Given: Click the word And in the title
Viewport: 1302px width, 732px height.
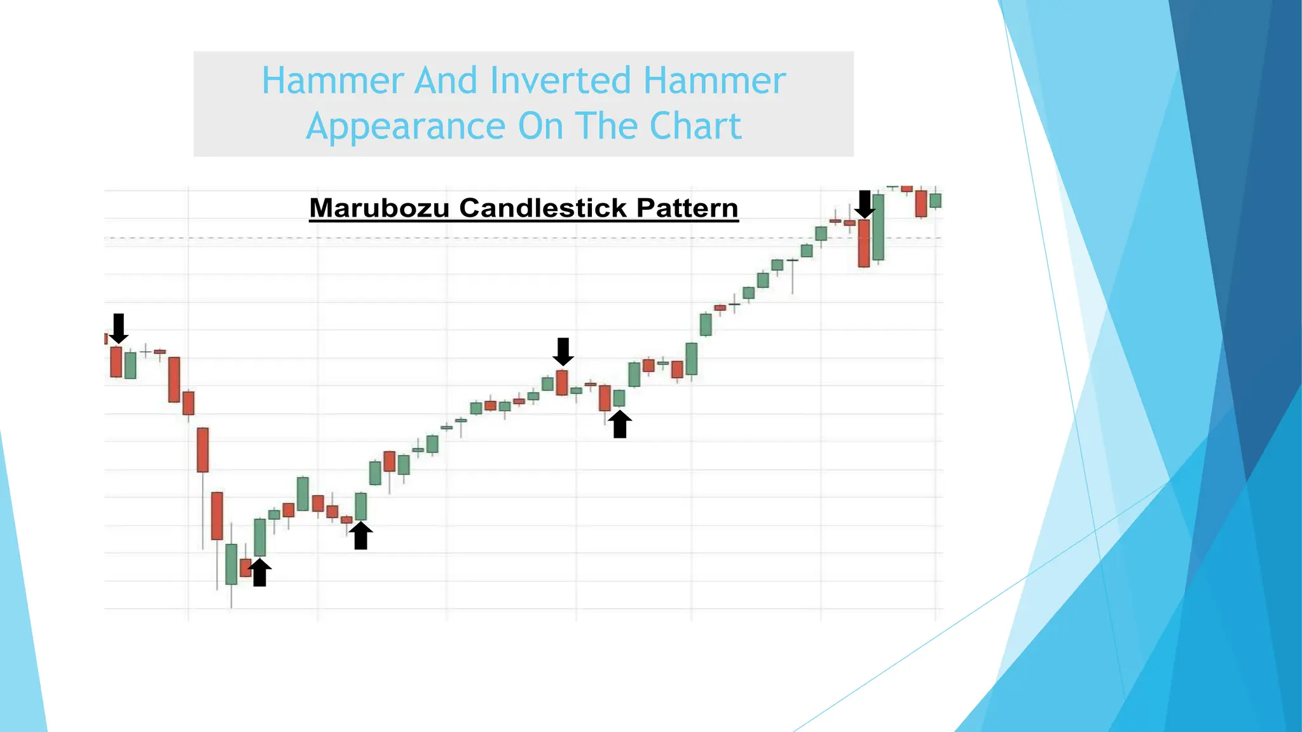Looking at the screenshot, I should pyautogui.click(x=445, y=81).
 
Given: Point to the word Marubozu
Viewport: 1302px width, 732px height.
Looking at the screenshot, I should pyautogui.click(x=379, y=208).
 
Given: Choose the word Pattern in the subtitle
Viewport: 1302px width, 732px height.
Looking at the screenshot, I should pyautogui.click(x=687, y=208).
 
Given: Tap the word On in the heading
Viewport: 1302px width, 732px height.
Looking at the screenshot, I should pyautogui.click(x=540, y=126).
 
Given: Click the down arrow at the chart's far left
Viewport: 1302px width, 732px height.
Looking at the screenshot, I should pyautogui.click(x=118, y=328).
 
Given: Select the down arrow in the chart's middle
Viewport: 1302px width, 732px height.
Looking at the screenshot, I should pyautogui.click(x=563, y=351).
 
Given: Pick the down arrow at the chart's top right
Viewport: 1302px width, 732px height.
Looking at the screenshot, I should pyautogui.click(x=864, y=204).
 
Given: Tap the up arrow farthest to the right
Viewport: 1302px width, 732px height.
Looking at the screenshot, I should pyautogui.click(x=620, y=424).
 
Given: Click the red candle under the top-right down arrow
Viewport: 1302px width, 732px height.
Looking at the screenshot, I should pyautogui.click(x=864, y=243).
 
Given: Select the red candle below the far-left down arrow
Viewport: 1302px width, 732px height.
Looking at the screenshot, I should pyautogui.click(x=116, y=362).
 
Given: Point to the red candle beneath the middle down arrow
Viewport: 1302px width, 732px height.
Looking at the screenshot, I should pyautogui.click(x=561, y=383).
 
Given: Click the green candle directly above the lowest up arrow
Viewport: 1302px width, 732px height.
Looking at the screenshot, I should pyautogui.click(x=259, y=538).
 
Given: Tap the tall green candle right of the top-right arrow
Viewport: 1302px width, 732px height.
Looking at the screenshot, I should pyautogui.click(x=879, y=227).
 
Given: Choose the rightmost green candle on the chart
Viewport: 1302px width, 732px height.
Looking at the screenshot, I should pyautogui.click(x=935, y=201).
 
